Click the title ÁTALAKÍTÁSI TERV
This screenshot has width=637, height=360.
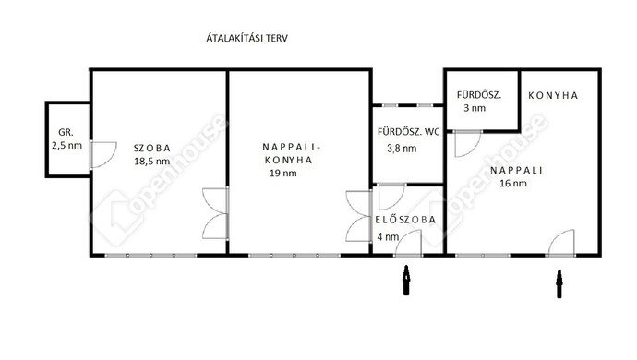click(247, 38)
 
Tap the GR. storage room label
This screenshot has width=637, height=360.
click(66, 132)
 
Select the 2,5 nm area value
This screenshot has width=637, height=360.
click(66, 146)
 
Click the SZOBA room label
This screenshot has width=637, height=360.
click(152, 149)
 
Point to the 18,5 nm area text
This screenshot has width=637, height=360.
click(152, 162)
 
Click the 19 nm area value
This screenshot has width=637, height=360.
click(283, 174)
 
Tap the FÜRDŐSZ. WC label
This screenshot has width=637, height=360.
click(408, 132)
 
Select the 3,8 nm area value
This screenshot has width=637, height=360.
click(402, 149)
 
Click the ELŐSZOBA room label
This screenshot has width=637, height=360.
click(405, 220)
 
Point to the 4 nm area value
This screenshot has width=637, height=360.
click(388, 237)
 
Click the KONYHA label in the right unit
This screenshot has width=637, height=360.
click(552, 95)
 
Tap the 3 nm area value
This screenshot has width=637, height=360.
click(475, 108)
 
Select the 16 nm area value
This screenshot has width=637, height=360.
click(513, 184)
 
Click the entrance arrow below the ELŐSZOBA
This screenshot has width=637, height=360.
click(406, 280)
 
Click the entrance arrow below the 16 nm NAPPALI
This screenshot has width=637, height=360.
click(559, 284)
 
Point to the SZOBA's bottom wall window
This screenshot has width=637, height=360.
click(150, 255)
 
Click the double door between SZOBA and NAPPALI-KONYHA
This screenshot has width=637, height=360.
click(216, 213)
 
